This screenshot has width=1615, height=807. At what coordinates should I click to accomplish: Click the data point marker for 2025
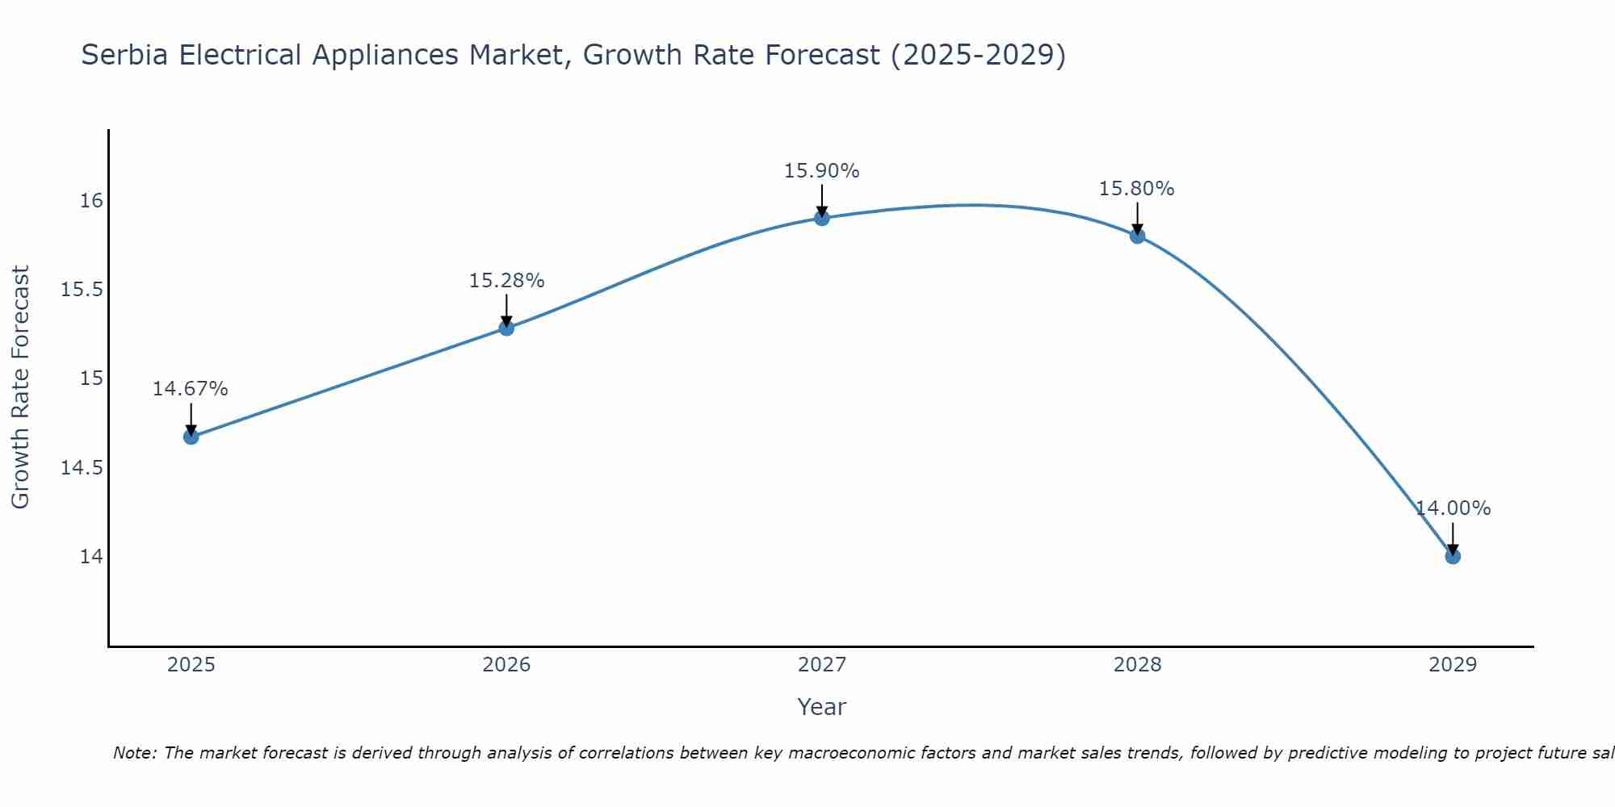click(x=191, y=437)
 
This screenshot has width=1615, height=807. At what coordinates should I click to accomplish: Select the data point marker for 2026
click(x=506, y=328)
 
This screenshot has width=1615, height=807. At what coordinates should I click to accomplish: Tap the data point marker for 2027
click(x=822, y=218)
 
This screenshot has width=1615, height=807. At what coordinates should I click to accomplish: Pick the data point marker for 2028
click(x=1137, y=236)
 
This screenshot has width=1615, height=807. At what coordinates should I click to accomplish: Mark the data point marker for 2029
click(x=1453, y=556)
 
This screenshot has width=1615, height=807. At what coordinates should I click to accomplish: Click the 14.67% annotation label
click(x=191, y=389)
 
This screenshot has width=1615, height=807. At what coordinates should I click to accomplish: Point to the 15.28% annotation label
click(x=506, y=281)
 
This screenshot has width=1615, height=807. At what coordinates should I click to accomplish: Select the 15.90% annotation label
click(x=821, y=171)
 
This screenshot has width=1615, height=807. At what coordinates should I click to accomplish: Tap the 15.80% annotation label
click(x=1136, y=189)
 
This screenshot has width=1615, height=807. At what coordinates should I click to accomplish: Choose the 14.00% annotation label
click(x=1453, y=508)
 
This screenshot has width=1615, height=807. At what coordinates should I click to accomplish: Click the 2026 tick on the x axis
click(x=506, y=665)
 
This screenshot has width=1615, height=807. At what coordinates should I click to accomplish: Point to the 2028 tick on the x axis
click(x=1137, y=665)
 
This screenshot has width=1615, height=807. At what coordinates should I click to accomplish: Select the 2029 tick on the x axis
click(x=1453, y=665)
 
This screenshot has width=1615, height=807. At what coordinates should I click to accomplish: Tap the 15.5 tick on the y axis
click(x=82, y=290)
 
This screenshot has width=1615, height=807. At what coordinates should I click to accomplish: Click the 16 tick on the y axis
click(x=91, y=200)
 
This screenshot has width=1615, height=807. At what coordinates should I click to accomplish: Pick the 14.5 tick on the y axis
click(x=82, y=468)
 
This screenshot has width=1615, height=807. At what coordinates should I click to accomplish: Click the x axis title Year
click(x=821, y=707)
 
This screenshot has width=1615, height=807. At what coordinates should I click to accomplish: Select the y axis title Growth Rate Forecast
click(x=20, y=387)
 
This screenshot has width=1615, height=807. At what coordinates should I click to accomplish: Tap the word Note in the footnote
click(x=132, y=753)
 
